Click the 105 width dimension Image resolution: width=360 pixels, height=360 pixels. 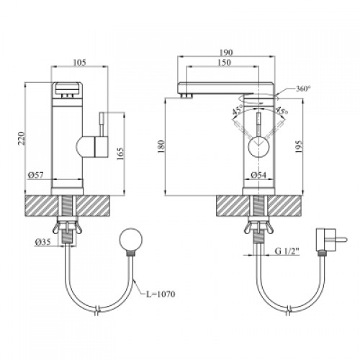[x=79, y=63]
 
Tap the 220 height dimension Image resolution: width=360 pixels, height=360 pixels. [x=22, y=138]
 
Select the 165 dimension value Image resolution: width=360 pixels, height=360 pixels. [x=121, y=153]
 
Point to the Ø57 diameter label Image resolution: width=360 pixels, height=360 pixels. [x=36, y=175]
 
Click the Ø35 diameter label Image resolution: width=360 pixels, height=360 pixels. [x=43, y=242]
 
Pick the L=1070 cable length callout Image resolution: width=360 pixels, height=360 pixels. [x=161, y=294]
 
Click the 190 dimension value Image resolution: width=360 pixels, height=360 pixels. [x=226, y=52]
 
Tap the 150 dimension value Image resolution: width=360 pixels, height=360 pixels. [x=225, y=62]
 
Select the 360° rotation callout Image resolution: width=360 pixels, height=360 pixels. [x=303, y=89]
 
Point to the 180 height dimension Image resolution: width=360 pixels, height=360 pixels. [x=161, y=147]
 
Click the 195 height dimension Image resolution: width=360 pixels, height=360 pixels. [x=299, y=147]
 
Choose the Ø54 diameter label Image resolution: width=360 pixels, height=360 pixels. [x=258, y=175]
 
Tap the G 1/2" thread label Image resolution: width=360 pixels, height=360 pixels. [x=287, y=251]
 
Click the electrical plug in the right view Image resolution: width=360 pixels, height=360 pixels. [x=331, y=240]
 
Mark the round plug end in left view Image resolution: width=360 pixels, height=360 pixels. [x=131, y=240]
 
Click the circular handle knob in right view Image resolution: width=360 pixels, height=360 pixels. [x=258, y=146]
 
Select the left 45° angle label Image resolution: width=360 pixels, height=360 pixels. [x=238, y=111]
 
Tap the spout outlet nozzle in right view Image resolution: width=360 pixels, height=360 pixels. [x=188, y=96]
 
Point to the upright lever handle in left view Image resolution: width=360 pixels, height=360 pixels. [x=102, y=124]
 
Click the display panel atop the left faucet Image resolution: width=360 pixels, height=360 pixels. [x=67, y=89]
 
